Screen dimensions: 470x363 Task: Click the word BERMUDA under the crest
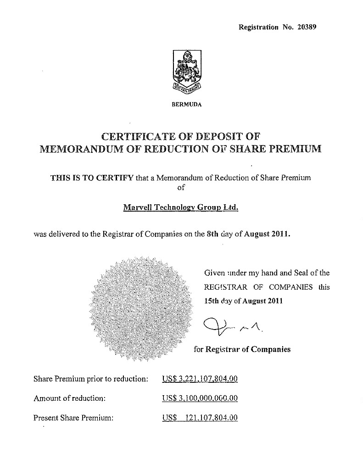click(x=186, y=104)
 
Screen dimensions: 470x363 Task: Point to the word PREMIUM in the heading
click(x=292, y=149)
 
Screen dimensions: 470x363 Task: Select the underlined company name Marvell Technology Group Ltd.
click(x=181, y=207)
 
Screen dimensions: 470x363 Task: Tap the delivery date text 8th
click(x=212, y=234)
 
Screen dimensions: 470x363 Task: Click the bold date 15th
click(x=212, y=302)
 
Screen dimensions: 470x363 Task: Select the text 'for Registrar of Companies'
click(x=242, y=349)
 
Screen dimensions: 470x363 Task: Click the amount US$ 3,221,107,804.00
click(x=200, y=379)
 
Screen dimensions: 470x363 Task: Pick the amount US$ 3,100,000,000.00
click(x=200, y=398)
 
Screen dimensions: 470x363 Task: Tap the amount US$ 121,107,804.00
click(x=200, y=418)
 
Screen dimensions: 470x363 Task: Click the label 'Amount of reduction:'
click(x=70, y=398)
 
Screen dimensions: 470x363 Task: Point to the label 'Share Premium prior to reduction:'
click(x=91, y=379)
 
